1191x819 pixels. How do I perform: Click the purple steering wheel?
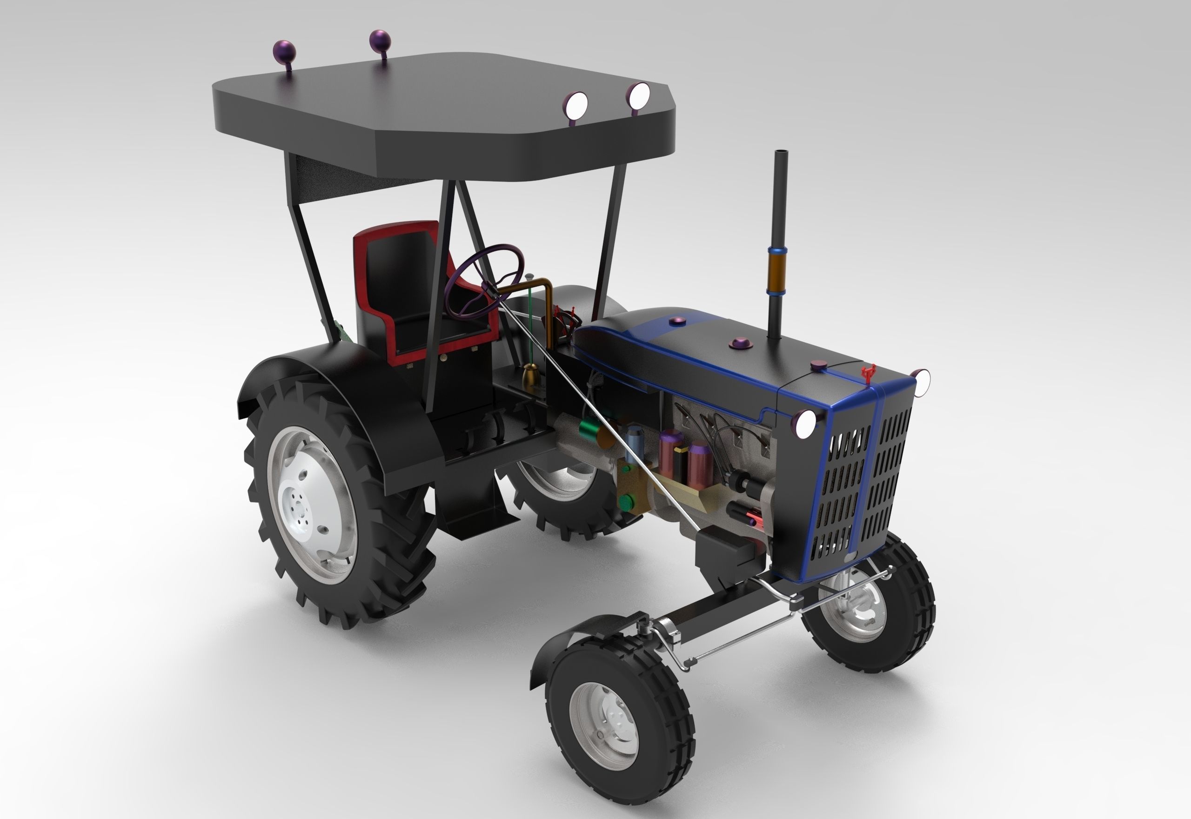tap(484, 281)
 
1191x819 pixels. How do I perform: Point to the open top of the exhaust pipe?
tap(781, 153)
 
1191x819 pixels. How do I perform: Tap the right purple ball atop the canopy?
tap(380, 39)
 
